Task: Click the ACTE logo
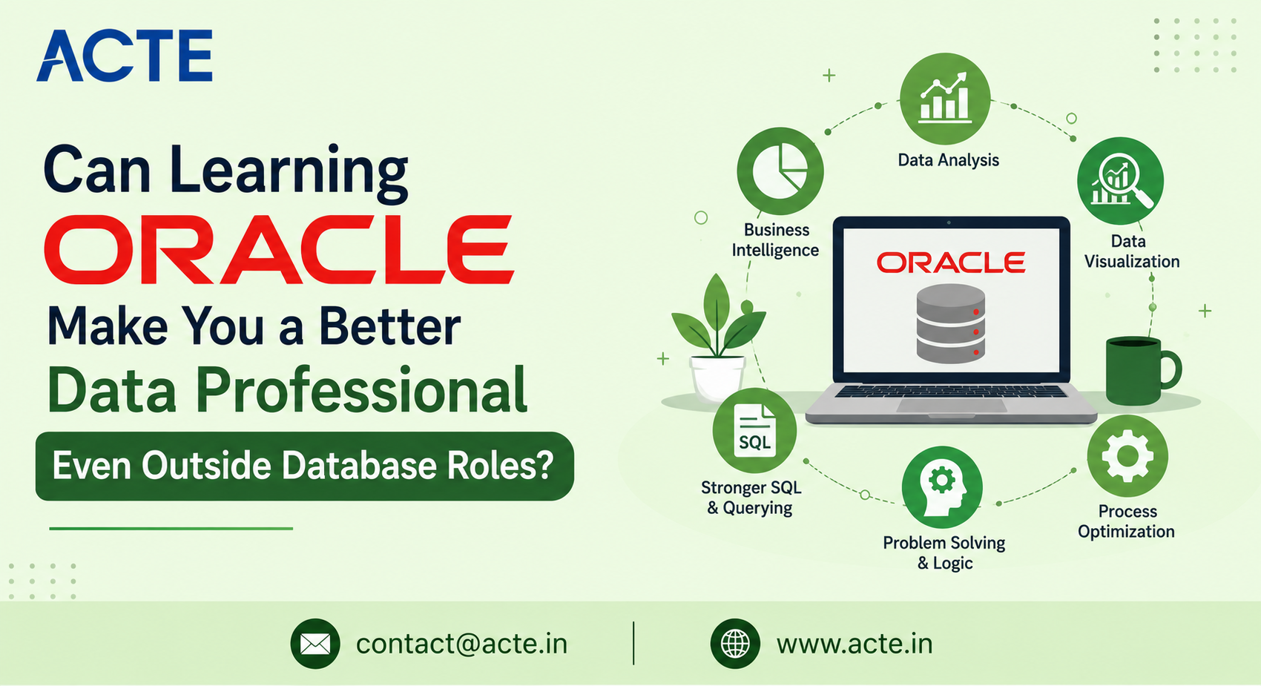pyautogui.click(x=125, y=56)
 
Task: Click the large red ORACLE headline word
pyautogui.click(x=279, y=249)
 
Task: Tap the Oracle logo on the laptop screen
pyautogui.click(x=951, y=263)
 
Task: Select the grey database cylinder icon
pyautogui.click(x=951, y=323)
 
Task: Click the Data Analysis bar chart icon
pyautogui.click(x=945, y=98)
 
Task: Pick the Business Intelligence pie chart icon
pyautogui.click(x=780, y=171)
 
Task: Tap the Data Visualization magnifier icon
pyautogui.click(x=1120, y=181)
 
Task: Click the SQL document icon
pyautogui.click(x=754, y=430)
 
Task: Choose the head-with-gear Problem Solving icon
pyautogui.click(x=942, y=487)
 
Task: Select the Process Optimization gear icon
pyautogui.click(x=1127, y=456)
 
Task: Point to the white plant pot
pyautogui.click(x=717, y=378)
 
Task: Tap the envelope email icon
pyautogui.click(x=315, y=644)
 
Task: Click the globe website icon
pyautogui.click(x=735, y=644)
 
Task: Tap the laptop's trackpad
pyautogui.click(x=951, y=405)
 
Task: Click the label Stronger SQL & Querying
pyautogui.click(x=751, y=498)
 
